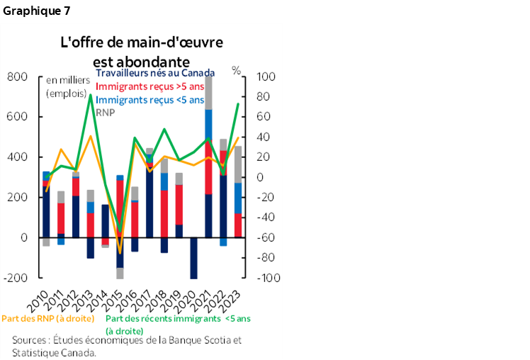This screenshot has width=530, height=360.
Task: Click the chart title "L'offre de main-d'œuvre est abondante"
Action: click(x=141, y=51)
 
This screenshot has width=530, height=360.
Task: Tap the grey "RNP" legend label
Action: click(x=105, y=112)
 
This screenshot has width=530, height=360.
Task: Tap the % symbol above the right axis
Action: click(x=237, y=70)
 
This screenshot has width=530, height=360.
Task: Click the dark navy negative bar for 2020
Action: click(x=193, y=258)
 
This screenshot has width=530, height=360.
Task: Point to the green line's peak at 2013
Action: click(x=90, y=94)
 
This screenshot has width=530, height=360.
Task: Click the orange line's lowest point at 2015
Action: click(x=120, y=252)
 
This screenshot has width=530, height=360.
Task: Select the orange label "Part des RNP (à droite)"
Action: click(x=52, y=319)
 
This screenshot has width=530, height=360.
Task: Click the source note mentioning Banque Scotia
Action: click(x=127, y=345)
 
